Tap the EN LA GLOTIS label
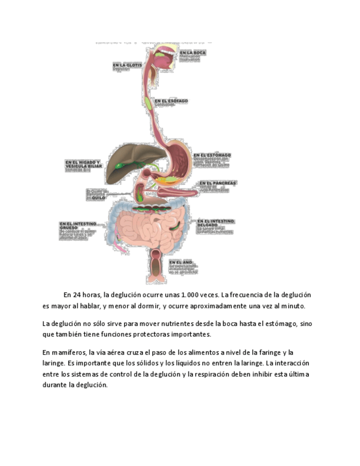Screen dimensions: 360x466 (127, 65)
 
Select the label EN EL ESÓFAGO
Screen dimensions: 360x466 (171, 101)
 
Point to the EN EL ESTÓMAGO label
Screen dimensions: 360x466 (212, 155)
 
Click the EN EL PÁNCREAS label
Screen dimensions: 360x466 (217, 182)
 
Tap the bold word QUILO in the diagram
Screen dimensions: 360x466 (98, 198)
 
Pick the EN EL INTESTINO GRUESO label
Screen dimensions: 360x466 (77, 225)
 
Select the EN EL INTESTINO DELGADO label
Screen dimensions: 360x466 (215, 223)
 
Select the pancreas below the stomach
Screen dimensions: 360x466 (176, 192)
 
